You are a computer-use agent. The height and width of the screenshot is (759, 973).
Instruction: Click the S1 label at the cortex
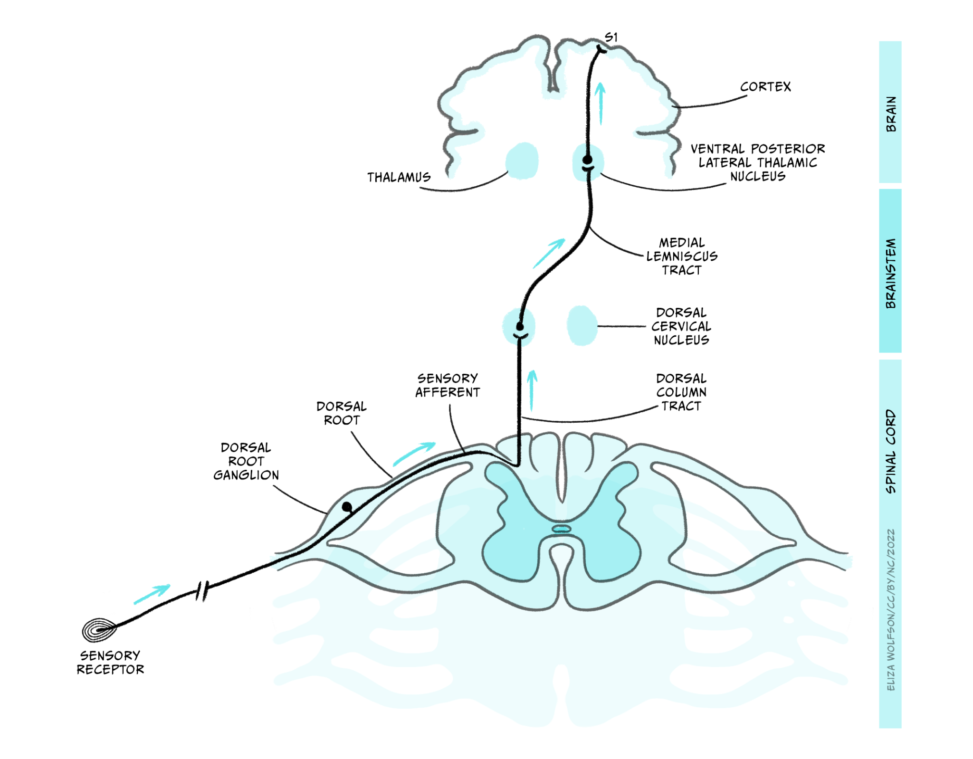pyautogui.click(x=611, y=37)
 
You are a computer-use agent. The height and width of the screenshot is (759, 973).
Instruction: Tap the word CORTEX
pyautogui.click(x=765, y=87)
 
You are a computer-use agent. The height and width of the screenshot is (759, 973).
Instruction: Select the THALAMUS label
pyautogui.click(x=399, y=178)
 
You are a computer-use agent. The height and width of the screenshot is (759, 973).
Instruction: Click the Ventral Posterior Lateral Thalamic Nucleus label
pyautogui.click(x=757, y=162)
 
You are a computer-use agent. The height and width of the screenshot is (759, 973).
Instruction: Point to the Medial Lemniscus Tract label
pyautogui.click(x=681, y=256)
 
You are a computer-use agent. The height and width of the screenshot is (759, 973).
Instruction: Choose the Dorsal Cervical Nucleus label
pyautogui.click(x=681, y=326)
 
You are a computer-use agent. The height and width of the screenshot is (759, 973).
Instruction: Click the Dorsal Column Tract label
pyautogui.click(x=681, y=392)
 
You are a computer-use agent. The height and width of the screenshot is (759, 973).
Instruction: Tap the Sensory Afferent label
pyautogui.click(x=447, y=385)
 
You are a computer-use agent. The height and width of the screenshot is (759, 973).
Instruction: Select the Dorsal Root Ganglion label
pyautogui.click(x=246, y=461)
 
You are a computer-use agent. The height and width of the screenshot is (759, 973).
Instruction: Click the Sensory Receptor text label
pyautogui.click(x=110, y=663)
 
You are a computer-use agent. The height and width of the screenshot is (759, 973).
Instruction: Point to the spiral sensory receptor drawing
pyautogui.click(x=99, y=630)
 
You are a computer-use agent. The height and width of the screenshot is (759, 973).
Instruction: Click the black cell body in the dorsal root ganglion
pyautogui.click(x=347, y=507)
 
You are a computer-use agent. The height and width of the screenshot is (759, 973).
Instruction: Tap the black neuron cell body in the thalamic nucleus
pyautogui.click(x=587, y=160)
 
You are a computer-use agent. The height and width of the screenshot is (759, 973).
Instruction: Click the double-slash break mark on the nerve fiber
pyautogui.click(x=203, y=591)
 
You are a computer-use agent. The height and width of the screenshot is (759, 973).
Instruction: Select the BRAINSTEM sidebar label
pyautogui.click(x=890, y=273)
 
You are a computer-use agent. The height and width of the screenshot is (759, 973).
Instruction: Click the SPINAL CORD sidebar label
pyautogui.click(x=890, y=451)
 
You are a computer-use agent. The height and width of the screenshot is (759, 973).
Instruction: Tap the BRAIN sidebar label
pyautogui.click(x=890, y=114)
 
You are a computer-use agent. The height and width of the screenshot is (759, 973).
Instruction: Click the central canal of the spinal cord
pyautogui.click(x=561, y=529)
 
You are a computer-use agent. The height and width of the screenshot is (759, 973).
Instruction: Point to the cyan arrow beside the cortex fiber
pyautogui.click(x=601, y=104)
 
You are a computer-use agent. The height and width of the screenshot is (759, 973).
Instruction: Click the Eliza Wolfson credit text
pyautogui.click(x=890, y=610)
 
